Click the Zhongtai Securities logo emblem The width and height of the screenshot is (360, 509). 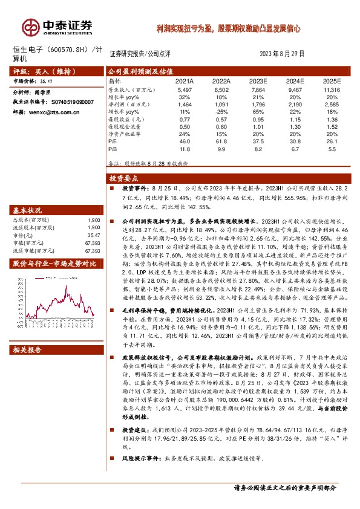tap(30, 27)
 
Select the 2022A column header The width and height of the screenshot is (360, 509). tap(222, 80)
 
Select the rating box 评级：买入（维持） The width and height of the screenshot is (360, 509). tap(41, 70)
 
